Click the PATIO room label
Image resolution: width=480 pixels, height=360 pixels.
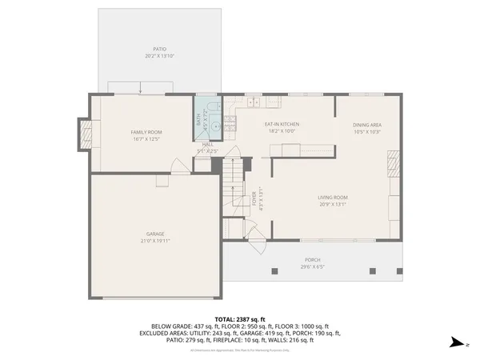tap(150, 49)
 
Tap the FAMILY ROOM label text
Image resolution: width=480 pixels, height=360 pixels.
tap(147, 132)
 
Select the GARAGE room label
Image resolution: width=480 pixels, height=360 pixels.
tap(155, 234)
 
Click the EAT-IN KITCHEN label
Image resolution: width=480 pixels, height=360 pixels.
tap(282, 125)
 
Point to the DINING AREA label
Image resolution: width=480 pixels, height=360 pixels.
tap(366, 125)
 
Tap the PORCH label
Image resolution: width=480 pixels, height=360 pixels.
tap(312, 260)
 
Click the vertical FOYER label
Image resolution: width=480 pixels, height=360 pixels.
tap(255, 198)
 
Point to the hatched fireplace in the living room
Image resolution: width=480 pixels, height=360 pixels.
tap(391, 166)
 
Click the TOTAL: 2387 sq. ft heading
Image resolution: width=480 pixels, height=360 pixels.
tap(239, 318)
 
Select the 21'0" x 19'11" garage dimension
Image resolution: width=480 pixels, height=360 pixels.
tap(155, 240)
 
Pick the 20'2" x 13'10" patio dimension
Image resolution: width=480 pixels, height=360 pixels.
tap(150, 56)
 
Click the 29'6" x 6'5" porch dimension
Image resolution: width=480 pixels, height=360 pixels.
tap(312, 266)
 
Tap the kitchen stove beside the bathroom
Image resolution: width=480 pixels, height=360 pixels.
tap(230, 122)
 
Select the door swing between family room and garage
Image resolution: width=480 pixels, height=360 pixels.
tap(181, 165)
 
